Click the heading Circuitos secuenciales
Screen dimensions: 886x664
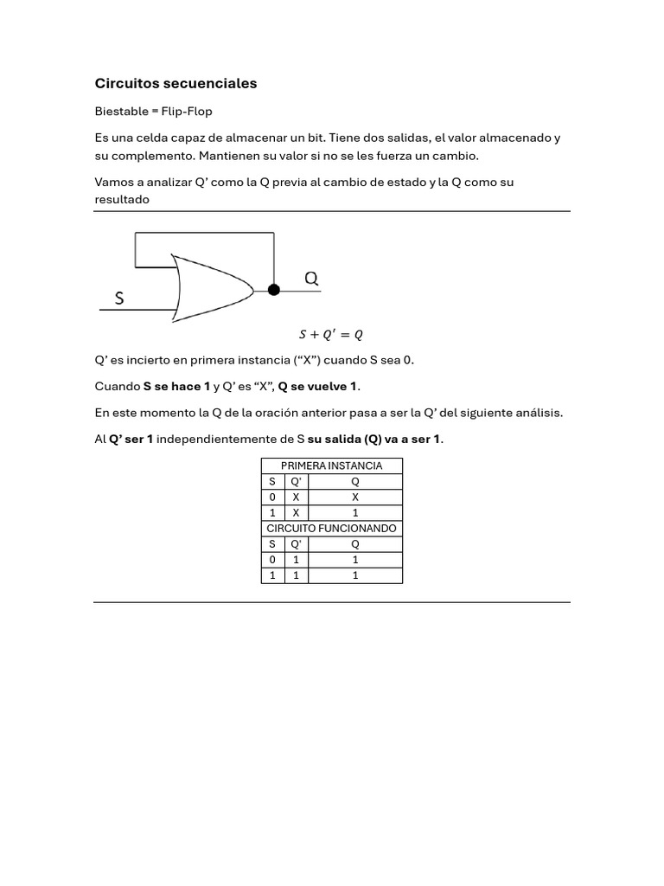click(176, 84)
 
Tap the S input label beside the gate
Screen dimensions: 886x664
click(119, 299)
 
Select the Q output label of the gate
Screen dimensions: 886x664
click(311, 278)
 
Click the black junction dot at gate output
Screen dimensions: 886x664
click(274, 290)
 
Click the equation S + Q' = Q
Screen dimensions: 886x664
click(331, 335)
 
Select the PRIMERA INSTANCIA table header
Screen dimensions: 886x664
click(331, 465)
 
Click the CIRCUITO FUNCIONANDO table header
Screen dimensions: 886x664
click(331, 528)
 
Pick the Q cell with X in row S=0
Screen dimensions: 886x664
click(354, 498)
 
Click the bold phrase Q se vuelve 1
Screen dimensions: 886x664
click(317, 386)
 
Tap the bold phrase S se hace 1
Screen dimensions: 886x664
click(176, 386)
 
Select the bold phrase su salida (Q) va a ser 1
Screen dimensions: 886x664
click(374, 439)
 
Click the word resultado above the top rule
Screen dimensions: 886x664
click(122, 199)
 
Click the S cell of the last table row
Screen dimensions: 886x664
click(272, 575)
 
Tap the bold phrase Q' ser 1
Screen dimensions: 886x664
click(131, 439)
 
